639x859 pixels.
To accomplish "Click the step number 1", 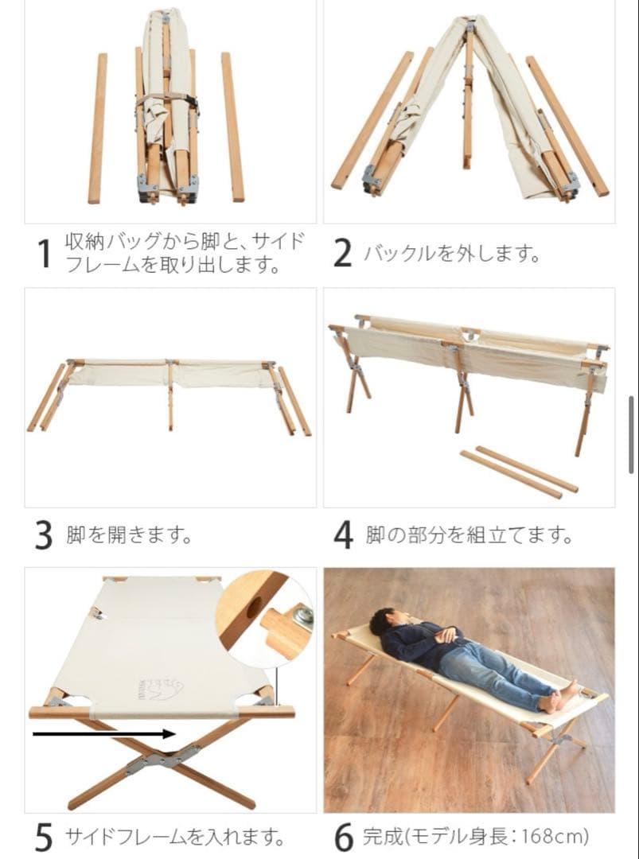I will pos(45,254).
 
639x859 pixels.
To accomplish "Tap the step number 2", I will pos(342,254).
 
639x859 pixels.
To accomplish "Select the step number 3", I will pos(44,535).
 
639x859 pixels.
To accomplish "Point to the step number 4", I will pos(343,535).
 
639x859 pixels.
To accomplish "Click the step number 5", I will pos(45,837).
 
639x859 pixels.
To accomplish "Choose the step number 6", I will pos(343,837).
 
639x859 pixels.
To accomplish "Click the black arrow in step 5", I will pos(103,733).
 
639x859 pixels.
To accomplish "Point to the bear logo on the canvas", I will pos(160,687).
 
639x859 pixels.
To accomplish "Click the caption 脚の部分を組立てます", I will pos(470,535).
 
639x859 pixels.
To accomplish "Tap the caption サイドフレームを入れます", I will pos(173,837).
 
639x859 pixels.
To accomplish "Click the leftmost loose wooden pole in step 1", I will pos(98,127).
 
